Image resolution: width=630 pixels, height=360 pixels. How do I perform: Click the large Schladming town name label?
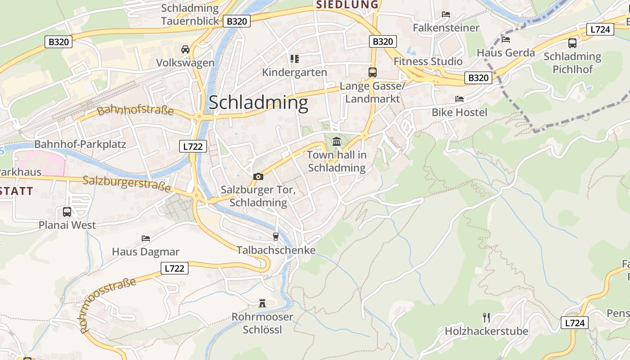(x=258, y=103)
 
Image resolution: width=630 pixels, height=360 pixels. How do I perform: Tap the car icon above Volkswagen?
(x=185, y=49)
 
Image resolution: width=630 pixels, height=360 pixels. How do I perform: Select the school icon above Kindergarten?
(x=295, y=58)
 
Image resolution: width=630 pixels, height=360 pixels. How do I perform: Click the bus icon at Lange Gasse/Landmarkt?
(x=372, y=72)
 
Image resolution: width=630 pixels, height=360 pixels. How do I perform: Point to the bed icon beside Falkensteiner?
(x=446, y=14)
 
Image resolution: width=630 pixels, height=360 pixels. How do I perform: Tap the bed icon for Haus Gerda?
(x=506, y=39)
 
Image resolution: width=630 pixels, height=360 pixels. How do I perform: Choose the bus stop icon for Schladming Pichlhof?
(x=572, y=43)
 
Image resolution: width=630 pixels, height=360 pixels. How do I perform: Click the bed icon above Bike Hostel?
(x=459, y=99)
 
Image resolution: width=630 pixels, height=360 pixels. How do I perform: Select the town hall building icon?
(x=336, y=142)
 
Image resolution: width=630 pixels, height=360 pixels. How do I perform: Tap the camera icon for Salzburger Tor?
(x=258, y=176)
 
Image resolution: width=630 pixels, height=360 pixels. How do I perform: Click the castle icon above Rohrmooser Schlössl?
(x=262, y=303)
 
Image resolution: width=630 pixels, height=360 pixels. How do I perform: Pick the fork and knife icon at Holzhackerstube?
(x=486, y=318)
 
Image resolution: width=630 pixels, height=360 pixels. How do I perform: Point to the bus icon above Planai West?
(x=67, y=211)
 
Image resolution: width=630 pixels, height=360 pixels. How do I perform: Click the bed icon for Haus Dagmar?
(x=145, y=238)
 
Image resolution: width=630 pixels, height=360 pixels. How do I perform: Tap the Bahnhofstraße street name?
(x=135, y=110)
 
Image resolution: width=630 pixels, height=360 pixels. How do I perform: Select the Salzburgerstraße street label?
(x=126, y=184)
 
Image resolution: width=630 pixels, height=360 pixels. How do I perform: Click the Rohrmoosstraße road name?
(x=108, y=305)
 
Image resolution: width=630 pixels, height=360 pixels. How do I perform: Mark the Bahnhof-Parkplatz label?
(x=80, y=144)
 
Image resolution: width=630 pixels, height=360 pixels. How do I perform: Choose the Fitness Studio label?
(x=428, y=61)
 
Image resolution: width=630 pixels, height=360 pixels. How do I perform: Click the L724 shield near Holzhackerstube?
(x=575, y=323)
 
